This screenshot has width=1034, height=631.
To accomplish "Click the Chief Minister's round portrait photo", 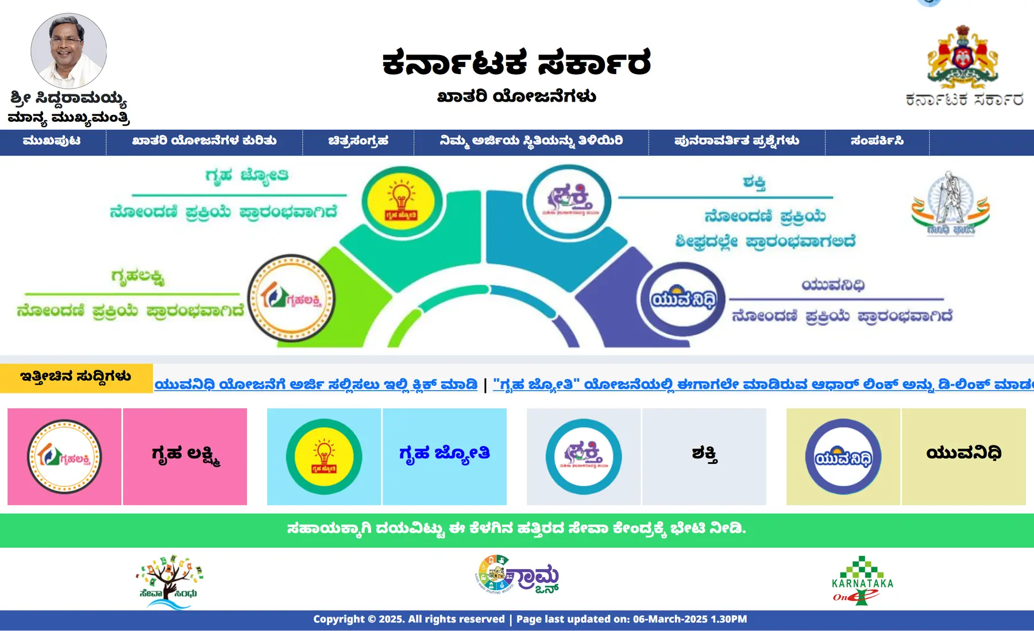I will [68, 51].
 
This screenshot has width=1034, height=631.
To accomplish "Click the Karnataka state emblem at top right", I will [963, 57].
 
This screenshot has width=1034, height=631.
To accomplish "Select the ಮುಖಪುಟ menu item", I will [52, 141].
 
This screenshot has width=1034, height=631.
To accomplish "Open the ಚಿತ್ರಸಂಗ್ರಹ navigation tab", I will [358, 141].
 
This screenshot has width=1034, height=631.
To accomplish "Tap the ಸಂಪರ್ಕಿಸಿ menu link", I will [877, 141].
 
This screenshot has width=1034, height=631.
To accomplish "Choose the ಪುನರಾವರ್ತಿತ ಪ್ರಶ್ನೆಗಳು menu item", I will [736, 141].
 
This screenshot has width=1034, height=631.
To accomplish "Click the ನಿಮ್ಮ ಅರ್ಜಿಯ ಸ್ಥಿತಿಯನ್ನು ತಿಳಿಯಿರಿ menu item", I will [531, 141].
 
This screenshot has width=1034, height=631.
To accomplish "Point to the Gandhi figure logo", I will [950, 204].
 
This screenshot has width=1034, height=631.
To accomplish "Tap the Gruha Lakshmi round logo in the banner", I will [291, 298].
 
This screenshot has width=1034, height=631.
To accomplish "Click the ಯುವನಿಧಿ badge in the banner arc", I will [684, 299].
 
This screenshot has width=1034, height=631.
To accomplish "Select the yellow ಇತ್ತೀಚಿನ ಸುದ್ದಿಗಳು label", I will [76, 377].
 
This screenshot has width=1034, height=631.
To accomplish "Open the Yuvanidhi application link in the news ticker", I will [316, 384].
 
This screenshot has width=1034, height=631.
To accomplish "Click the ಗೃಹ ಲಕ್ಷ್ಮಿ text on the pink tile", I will [185, 455].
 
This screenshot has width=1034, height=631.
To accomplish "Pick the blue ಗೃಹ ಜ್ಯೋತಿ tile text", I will [444, 454].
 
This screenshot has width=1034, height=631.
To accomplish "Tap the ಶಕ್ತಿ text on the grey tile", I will [704, 454].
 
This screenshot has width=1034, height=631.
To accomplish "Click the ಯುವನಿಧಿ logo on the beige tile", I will [843, 457].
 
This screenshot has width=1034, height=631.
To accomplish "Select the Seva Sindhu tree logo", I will [169, 580].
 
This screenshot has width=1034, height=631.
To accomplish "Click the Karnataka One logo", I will [862, 580].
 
